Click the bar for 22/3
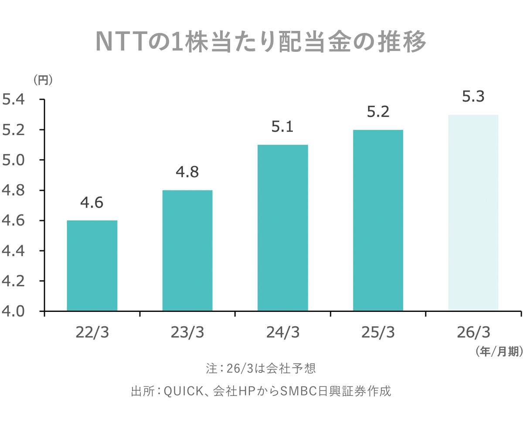tap(92, 266)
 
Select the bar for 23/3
tap(187, 250)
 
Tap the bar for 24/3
tap(283, 228)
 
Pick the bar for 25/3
tap(378, 220)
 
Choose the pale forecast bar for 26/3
tap(473, 213)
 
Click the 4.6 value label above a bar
tap(92, 203)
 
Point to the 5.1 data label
tap(283, 127)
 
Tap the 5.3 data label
tap(473, 97)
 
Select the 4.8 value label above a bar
tap(187, 172)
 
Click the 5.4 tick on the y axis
tap(14, 100)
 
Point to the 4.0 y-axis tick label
tap(14, 311)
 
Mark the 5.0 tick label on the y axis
tap(14, 160)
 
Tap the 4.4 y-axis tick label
tap(14, 251)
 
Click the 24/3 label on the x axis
tap(283, 332)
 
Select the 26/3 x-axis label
tap(473, 332)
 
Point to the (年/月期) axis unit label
tap(498, 352)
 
